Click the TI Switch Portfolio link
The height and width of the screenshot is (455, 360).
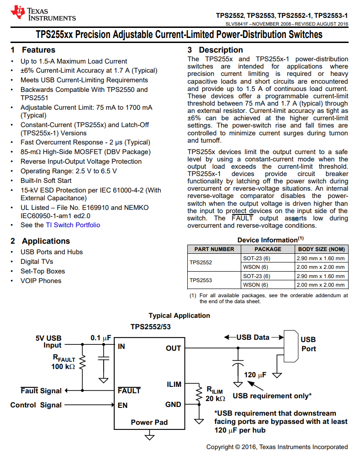73,225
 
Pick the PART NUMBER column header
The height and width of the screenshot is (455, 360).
214,249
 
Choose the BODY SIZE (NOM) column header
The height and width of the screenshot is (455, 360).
321,249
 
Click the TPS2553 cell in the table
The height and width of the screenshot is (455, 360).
201,280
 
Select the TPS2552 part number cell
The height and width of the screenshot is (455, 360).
201,262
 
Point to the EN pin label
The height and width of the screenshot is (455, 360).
123,405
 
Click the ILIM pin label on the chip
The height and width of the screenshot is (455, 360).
174,385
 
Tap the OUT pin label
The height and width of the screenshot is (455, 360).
174,348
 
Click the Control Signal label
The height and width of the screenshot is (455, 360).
36,405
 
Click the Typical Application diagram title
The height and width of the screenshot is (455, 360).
179,316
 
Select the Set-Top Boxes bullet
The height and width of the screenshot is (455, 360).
43,271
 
